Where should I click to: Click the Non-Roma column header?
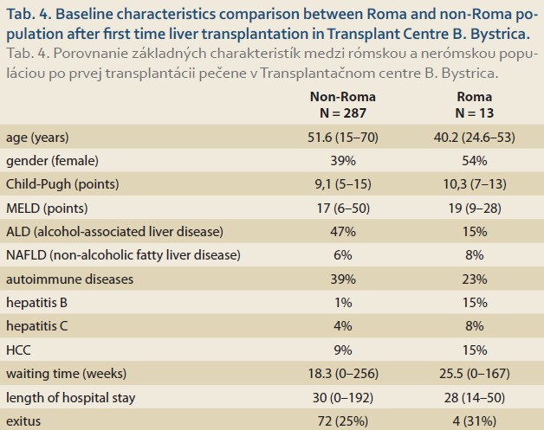343,97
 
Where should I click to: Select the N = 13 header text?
474,113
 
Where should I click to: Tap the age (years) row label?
37,138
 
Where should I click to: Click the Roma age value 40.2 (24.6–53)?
474,138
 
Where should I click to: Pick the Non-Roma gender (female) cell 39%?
343,161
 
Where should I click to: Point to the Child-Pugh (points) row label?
62,184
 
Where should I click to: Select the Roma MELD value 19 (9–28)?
474,209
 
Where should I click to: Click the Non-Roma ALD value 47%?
343,232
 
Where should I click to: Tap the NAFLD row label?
123,255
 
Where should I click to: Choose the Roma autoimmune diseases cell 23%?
474,279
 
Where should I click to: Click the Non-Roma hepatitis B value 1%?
343,303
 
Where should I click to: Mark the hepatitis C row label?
36,326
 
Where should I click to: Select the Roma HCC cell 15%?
474,350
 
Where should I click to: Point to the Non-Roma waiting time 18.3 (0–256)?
343,374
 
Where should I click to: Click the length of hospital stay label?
70,398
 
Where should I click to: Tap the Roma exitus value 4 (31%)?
474,421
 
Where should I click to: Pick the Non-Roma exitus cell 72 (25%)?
343,421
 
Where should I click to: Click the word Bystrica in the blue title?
500,34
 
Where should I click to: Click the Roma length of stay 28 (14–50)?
474,398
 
